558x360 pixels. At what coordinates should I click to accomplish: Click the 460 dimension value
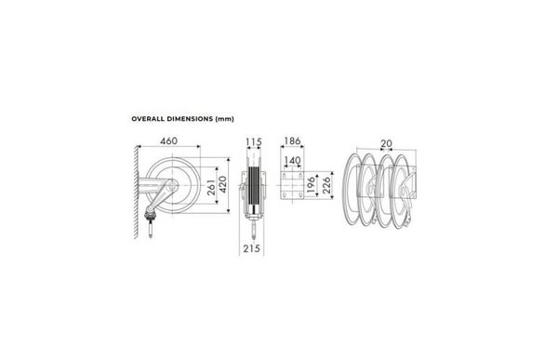pyautogui.click(x=168, y=141)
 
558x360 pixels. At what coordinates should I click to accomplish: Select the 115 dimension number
pyautogui.click(x=254, y=142)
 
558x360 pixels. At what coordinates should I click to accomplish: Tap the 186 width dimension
pyautogui.click(x=292, y=141)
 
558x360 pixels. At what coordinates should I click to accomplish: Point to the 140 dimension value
pyautogui.click(x=292, y=161)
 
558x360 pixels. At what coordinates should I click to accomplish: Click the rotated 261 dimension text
pyautogui.click(x=211, y=187)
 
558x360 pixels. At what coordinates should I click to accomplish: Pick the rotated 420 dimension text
pyautogui.click(x=223, y=184)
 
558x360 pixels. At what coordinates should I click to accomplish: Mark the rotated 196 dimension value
pyautogui.click(x=311, y=184)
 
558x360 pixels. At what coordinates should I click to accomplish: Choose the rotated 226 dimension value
pyautogui.click(x=326, y=185)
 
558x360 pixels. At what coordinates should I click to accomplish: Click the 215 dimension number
pyautogui.click(x=252, y=248)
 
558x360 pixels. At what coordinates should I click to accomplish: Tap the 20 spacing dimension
pyautogui.click(x=386, y=143)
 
